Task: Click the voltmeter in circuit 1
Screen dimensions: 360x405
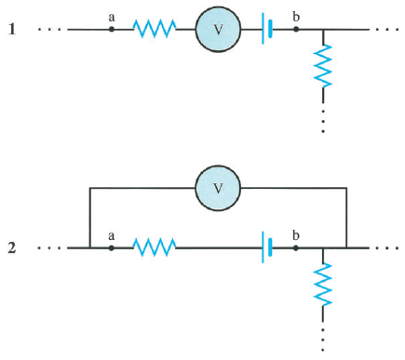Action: pos(218,30)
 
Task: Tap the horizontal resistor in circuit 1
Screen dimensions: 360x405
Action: pos(155,30)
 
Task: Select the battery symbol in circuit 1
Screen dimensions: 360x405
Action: pos(268,30)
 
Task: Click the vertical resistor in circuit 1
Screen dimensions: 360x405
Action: pos(323,66)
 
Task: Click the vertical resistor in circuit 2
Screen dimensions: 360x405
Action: pos(323,284)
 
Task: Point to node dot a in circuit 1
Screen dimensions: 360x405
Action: pos(112,30)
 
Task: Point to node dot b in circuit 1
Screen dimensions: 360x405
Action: pos(296,30)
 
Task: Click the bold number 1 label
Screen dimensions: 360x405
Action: pos(12,29)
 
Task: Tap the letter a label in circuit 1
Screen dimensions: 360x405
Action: pos(112,16)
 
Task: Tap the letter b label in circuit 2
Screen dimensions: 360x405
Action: pos(296,234)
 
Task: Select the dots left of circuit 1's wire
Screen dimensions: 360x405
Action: pos(48,30)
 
